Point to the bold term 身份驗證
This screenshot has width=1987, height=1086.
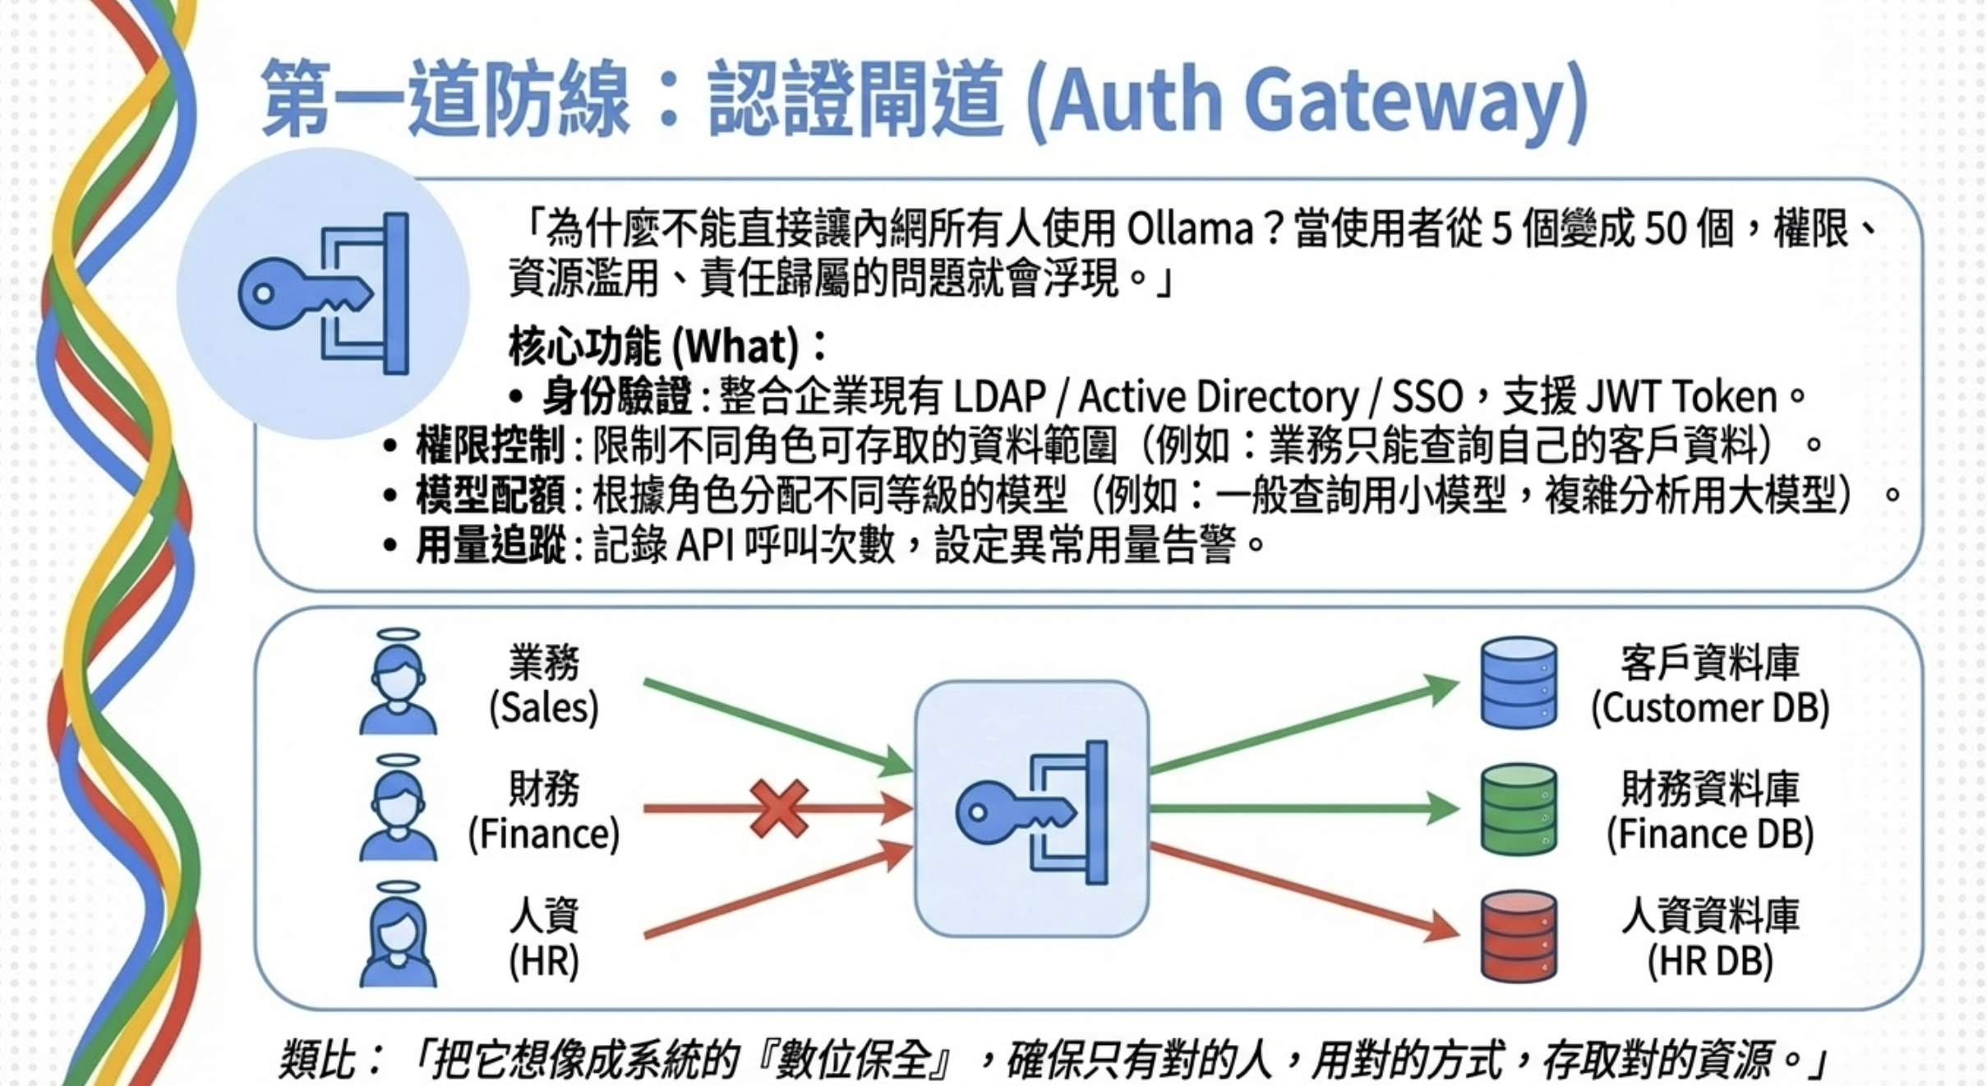click(x=617, y=397)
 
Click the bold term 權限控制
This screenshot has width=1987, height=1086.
click(x=491, y=446)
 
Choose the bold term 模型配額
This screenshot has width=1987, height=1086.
click(x=491, y=495)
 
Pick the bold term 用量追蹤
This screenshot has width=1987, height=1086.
click(x=491, y=545)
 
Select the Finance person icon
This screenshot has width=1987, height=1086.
click(x=399, y=810)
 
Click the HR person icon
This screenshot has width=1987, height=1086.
click(x=399, y=936)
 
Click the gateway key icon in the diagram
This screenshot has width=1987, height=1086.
click(x=1032, y=810)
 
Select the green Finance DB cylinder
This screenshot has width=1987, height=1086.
click(x=1519, y=810)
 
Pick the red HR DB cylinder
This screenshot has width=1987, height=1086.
click(x=1519, y=936)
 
